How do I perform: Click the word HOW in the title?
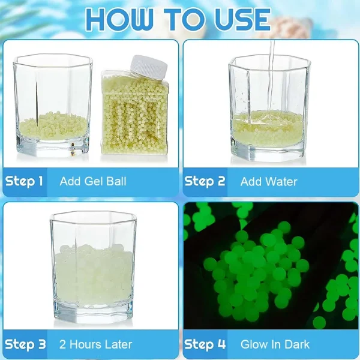click(119, 19)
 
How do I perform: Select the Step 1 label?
click(24, 181)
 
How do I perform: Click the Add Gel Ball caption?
click(93, 181)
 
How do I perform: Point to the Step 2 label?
click(205, 181)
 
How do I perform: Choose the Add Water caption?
click(269, 182)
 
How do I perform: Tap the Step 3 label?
click(25, 344)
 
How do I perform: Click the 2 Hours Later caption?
click(96, 344)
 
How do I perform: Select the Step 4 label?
click(205, 344)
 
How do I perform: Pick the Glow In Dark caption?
click(275, 344)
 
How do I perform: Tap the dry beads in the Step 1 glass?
click(53, 125)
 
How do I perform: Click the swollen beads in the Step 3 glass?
click(94, 275)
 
